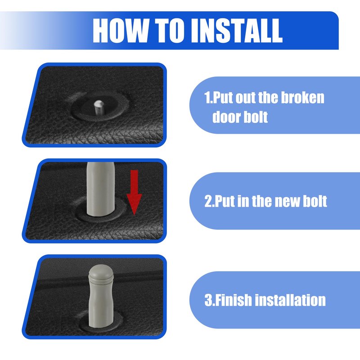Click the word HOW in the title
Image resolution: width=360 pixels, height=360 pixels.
(x=121, y=31)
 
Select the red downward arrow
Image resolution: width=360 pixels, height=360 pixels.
(x=134, y=193)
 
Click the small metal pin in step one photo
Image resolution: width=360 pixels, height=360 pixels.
(x=99, y=108)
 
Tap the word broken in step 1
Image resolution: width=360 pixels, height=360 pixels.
(x=302, y=98)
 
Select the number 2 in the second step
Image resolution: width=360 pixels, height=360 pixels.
(x=208, y=201)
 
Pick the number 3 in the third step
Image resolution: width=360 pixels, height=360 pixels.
(x=208, y=300)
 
